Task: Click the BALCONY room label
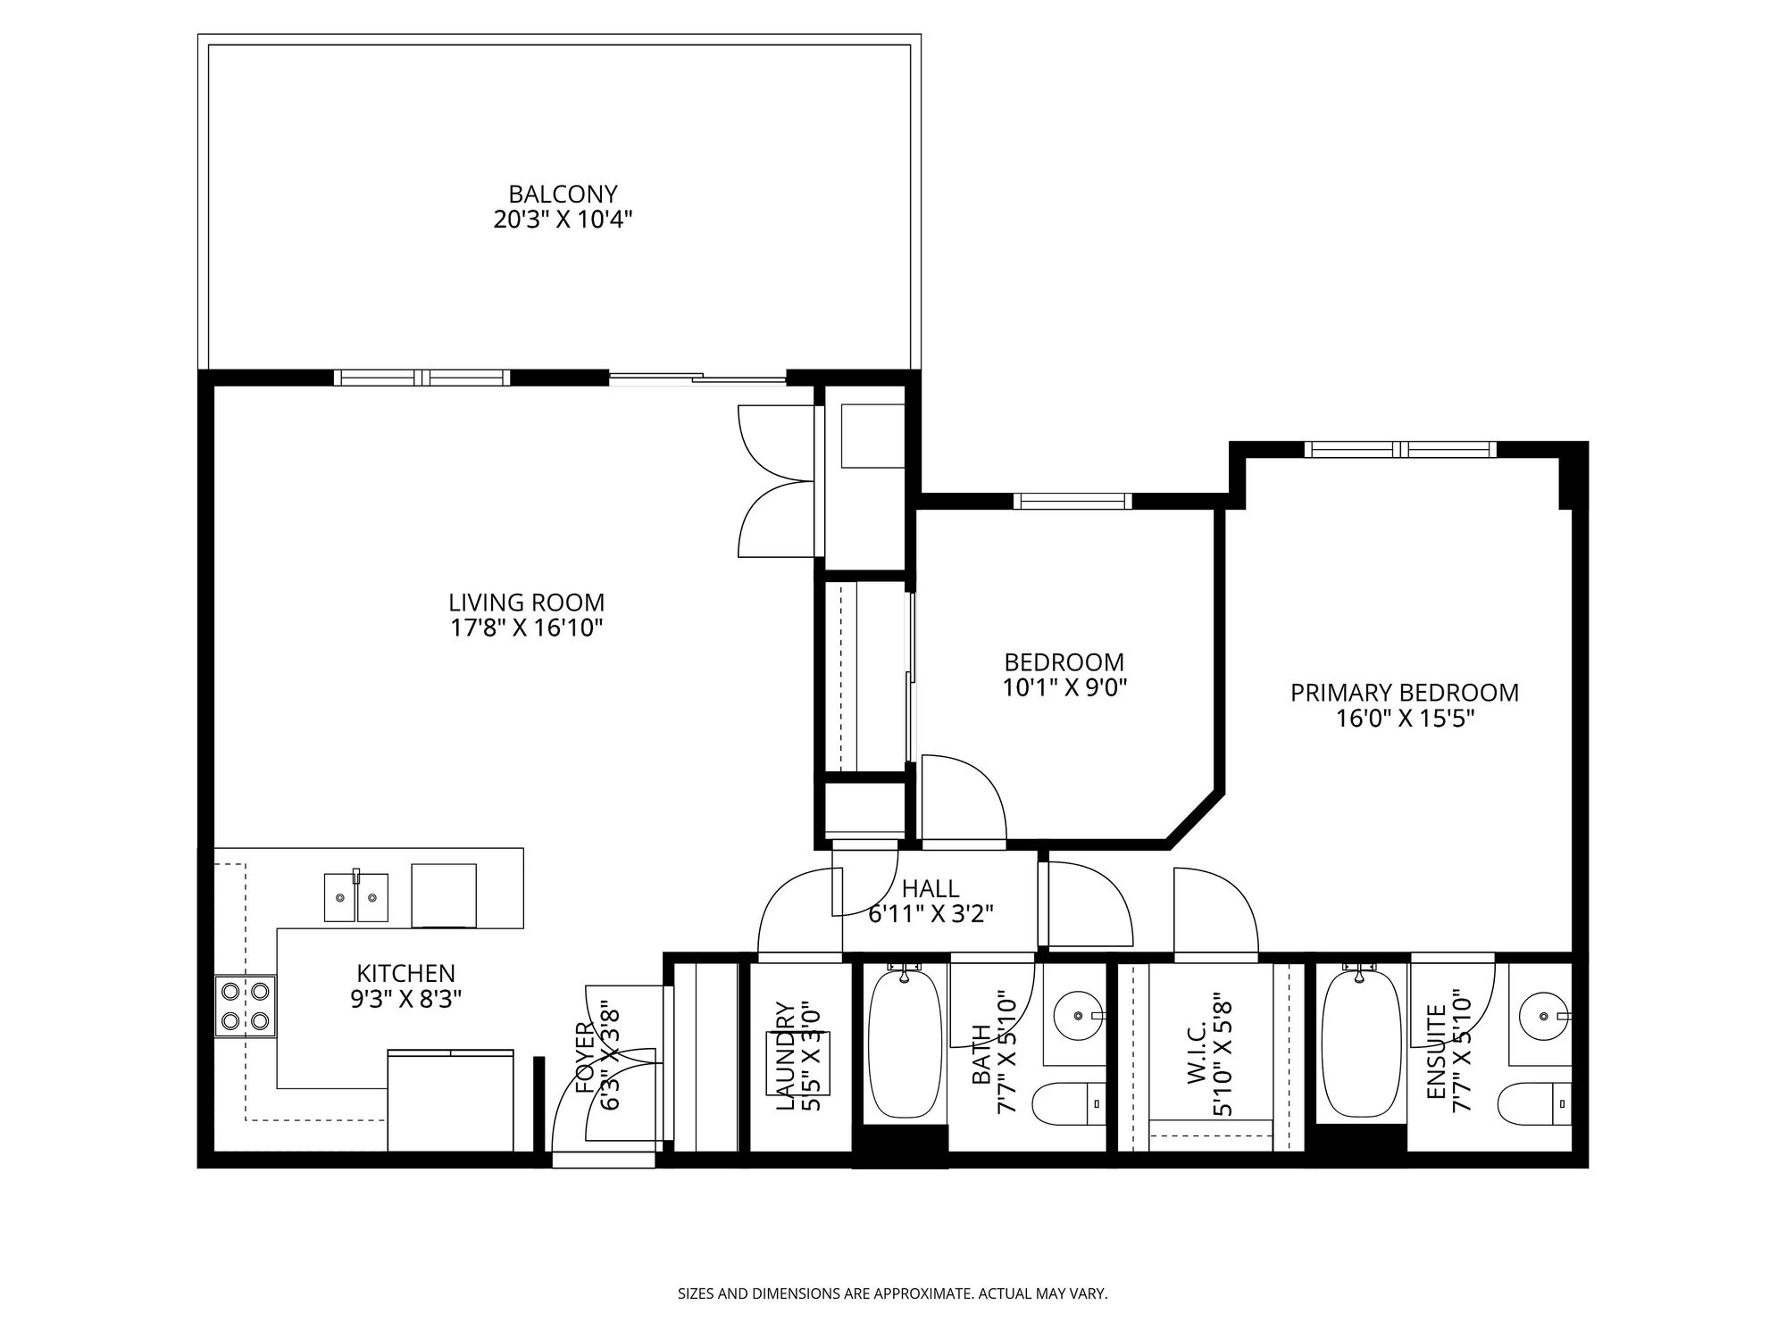[563, 194]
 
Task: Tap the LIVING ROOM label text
[526, 603]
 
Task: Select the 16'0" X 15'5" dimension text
[1405, 719]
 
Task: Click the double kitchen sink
[355, 896]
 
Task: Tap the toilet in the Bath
[1069, 1104]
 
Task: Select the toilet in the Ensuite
[1534, 1104]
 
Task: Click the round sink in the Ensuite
[1544, 1016]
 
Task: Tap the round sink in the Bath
[1079, 1016]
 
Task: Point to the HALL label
[931, 888]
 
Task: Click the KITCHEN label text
[406, 973]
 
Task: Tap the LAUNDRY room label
[786, 1056]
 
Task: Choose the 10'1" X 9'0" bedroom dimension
[1064, 687]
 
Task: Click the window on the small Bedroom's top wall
[1072, 501]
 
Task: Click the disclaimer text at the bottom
[893, 1293]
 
